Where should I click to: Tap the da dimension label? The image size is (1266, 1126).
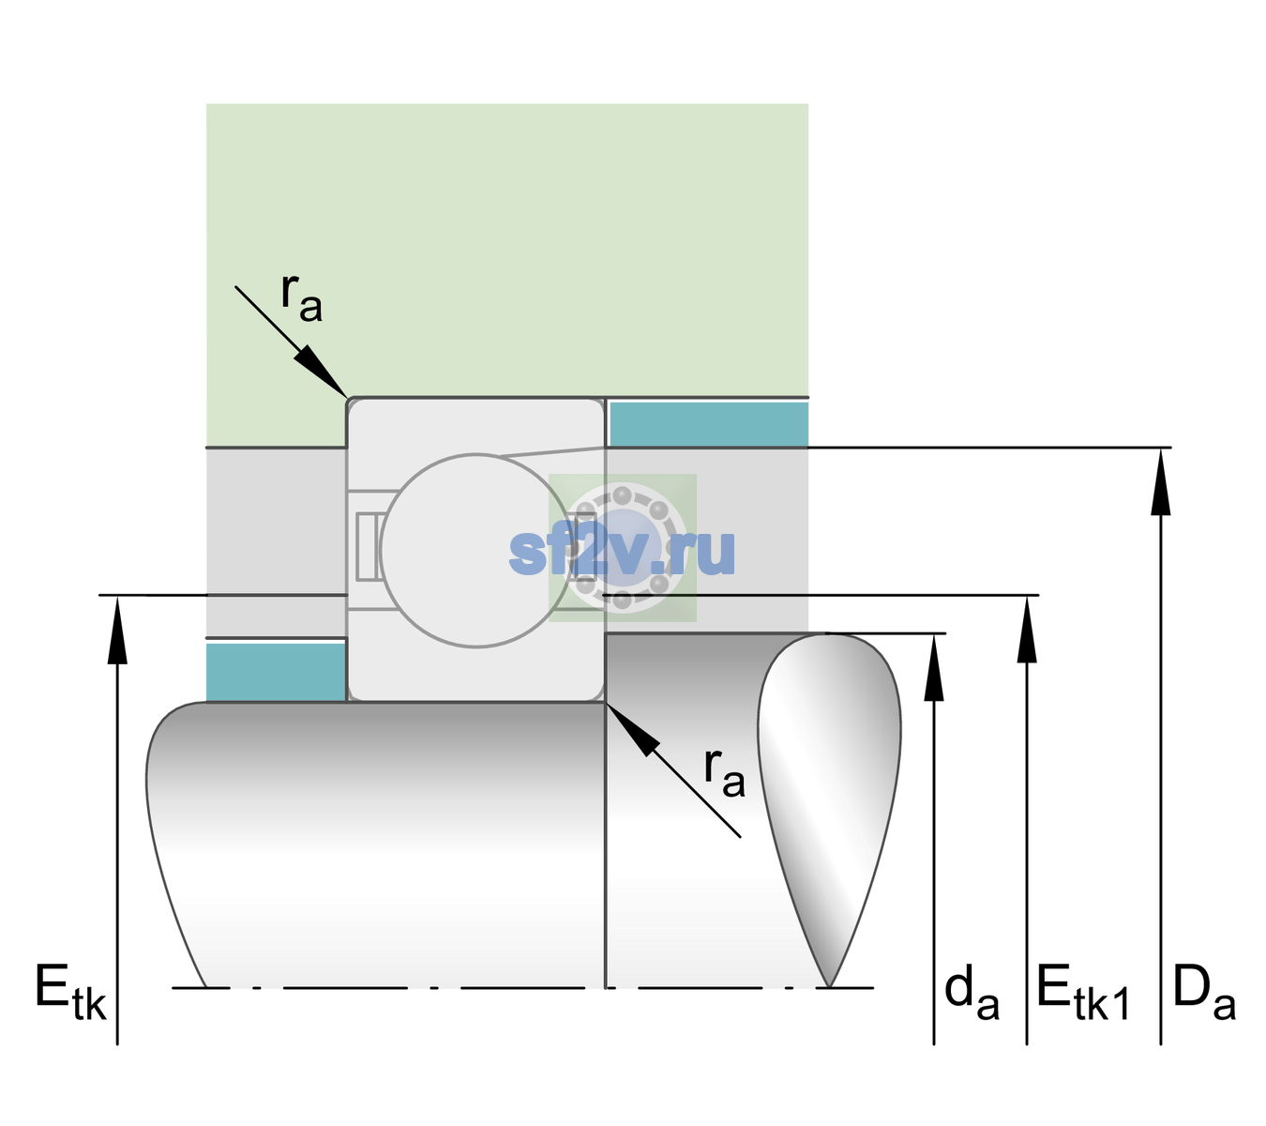coord(972,992)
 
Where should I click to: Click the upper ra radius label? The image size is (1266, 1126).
coord(302,297)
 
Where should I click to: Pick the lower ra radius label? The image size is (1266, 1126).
coord(725,773)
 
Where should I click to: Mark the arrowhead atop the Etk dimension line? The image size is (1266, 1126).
coord(117,630)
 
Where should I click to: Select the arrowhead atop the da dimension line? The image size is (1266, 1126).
coord(934,667)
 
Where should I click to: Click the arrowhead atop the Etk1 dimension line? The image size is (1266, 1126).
coord(1027,630)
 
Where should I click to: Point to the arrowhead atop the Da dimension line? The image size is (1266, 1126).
coord(1161,481)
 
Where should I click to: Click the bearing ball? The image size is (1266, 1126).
coord(475,550)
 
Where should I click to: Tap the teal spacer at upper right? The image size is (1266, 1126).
coord(709,423)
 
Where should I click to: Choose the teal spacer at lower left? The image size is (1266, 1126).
coord(276,672)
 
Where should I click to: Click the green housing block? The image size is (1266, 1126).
coord(506,251)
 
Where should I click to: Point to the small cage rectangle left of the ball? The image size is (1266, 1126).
coord(367,546)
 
